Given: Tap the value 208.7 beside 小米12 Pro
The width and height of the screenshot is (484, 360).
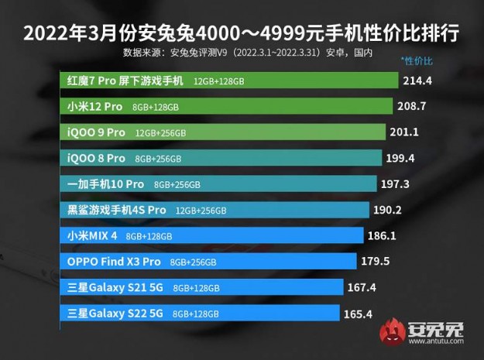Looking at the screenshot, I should [411, 106].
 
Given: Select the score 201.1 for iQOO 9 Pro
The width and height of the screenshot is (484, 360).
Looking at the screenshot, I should [403, 132].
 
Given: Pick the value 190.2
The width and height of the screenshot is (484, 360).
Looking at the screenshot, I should [386, 210].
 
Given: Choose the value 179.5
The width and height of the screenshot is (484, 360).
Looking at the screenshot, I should [372, 262].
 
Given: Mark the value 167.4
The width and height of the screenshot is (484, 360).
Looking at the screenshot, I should [360, 287].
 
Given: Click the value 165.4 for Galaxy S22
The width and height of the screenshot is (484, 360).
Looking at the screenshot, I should [357, 314].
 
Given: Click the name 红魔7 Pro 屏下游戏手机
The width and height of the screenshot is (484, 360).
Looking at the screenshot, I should [126, 81].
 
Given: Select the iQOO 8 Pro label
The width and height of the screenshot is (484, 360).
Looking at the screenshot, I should [96, 158].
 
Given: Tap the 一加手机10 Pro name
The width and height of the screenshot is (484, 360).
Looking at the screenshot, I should [106, 184].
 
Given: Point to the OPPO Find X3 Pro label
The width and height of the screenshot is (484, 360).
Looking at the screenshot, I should [114, 262].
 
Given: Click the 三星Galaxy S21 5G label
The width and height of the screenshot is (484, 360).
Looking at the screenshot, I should [115, 287].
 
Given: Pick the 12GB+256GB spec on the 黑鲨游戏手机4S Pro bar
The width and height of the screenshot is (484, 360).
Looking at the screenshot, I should [201, 211].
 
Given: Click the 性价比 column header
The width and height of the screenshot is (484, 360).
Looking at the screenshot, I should [417, 60].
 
